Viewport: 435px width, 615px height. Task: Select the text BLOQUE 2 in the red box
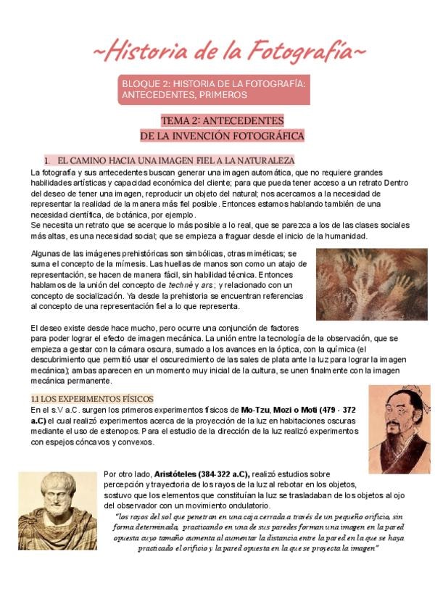pyautogui.click(x=145, y=84)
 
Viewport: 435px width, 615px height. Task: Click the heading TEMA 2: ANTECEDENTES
pyautogui.click(x=222, y=120)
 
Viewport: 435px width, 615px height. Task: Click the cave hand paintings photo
pyautogui.click(x=371, y=284)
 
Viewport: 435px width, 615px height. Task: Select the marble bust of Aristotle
pyautogui.click(x=58, y=508)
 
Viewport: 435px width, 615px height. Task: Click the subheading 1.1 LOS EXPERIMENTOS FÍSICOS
pyautogui.click(x=91, y=399)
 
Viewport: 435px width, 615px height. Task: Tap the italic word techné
pyautogui.click(x=179, y=285)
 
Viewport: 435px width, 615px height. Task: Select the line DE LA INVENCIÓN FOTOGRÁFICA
pyautogui.click(x=222, y=136)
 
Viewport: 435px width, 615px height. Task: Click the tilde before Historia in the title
pyautogui.click(x=100, y=52)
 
